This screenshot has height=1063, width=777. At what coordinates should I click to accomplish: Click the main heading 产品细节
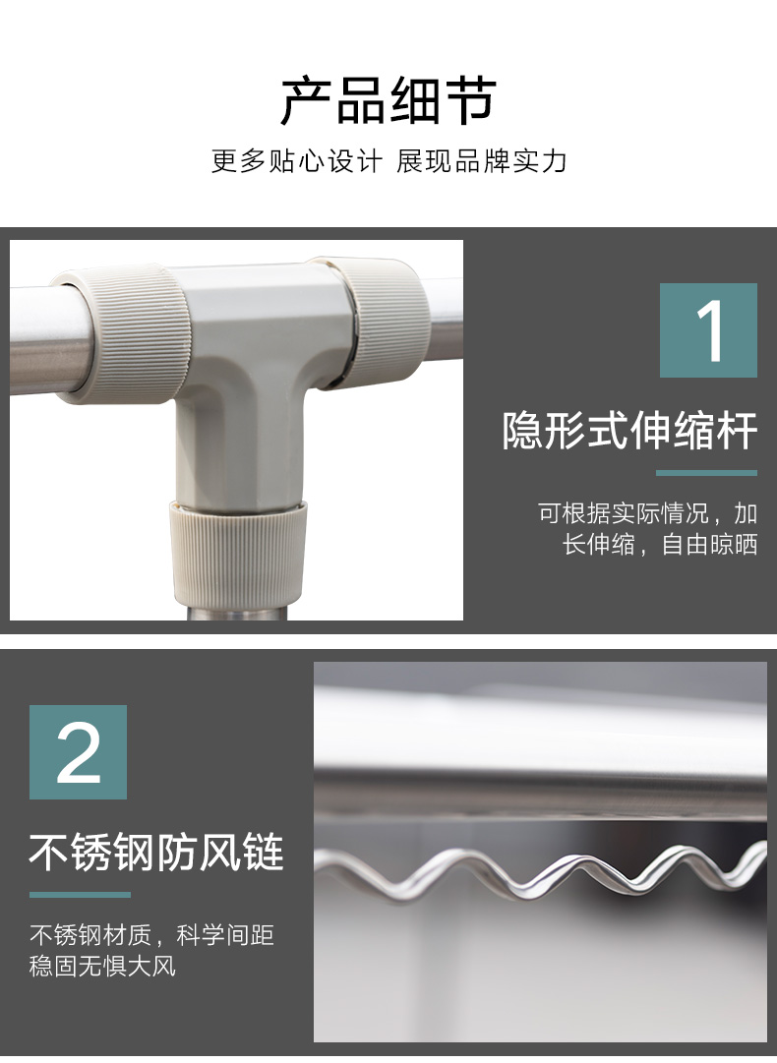(x=388, y=101)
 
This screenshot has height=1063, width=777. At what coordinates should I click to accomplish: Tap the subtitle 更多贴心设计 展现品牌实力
(x=388, y=161)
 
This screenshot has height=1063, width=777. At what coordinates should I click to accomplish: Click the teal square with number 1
(x=708, y=330)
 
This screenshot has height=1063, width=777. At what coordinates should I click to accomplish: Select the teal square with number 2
(x=78, y=752)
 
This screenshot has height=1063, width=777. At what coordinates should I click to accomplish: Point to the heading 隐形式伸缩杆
(x=629, y=430)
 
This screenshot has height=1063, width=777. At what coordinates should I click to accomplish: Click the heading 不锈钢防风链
(x=156, y=852)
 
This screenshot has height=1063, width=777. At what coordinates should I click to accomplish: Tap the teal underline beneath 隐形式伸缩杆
(x=706, y=473)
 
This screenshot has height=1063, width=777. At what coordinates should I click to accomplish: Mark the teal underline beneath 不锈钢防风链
(x=80, y=894)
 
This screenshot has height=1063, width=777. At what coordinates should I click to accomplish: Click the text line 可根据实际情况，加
(x=647, y=513)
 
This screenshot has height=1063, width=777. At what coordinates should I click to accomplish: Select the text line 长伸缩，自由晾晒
(x=660, y=544)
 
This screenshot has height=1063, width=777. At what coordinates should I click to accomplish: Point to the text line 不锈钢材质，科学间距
(x=151, y=935)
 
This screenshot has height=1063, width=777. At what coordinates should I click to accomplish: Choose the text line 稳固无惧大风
(x=102, y=966)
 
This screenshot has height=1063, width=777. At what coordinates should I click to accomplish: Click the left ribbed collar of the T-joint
(x=122, y=335)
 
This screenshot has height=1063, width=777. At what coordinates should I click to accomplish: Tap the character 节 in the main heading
(x=472, y=101)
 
